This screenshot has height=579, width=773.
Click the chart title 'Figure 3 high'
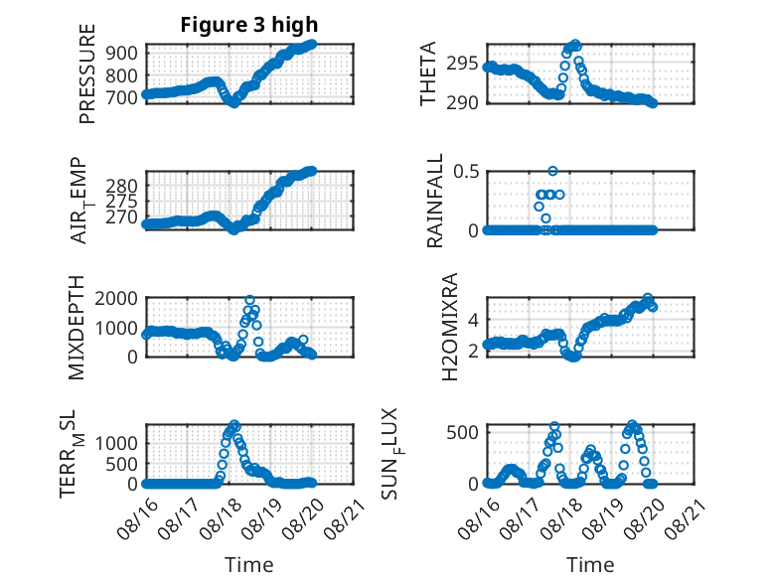coord(249,25)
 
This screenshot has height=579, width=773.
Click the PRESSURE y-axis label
coord(87,73)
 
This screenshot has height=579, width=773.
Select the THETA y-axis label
coord(428,73)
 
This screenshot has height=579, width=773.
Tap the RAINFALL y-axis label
coord(435,201)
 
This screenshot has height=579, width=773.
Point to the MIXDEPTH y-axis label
coord(77,328)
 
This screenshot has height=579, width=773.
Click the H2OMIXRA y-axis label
coord(450,327)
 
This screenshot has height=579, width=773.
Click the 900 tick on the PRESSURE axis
coord(121,53)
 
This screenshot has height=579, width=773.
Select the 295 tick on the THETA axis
coord(462,64)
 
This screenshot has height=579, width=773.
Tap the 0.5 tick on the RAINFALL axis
coord(466,172)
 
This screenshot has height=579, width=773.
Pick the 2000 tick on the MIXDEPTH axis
coord(116,298)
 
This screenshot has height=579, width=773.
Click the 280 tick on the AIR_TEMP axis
coord(121,187)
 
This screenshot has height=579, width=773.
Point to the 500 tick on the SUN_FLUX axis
coord(462,433)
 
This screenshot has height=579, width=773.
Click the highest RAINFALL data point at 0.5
coord(552,171)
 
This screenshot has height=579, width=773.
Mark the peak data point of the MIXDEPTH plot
coord(250,300)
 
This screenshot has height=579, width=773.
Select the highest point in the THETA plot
coord(575,45)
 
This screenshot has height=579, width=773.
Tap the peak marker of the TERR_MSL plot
coord(234,424)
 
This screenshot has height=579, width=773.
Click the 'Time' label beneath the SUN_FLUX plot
coord(590,565)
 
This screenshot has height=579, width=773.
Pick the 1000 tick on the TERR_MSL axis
coord(116,444)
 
